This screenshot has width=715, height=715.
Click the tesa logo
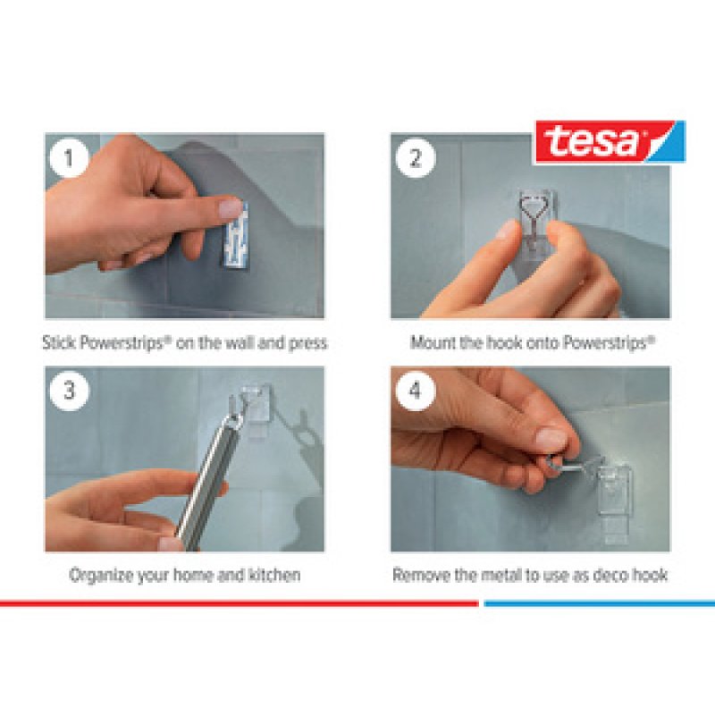pos(610,142)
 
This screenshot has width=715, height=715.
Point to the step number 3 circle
pos(69,391)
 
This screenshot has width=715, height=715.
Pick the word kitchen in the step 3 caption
pos(273,575)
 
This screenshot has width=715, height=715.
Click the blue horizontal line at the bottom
pos(599,603)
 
